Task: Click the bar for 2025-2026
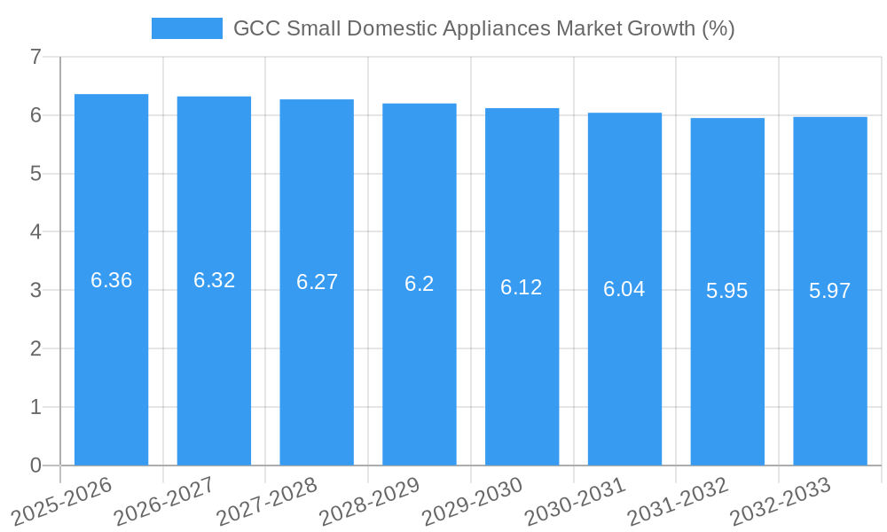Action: click(x=111, y=279)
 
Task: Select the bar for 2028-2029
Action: click(x=420, y=284)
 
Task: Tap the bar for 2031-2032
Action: click(x=727, y=292)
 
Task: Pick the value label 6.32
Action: click(x=214, y=280)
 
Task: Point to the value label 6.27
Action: click(x=317, y=282)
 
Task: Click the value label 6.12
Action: click(x=522, y=287)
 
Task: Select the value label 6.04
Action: click(x=624, y=289)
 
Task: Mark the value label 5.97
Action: click(x=830, y=291)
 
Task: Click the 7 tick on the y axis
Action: click(x=35, y=58)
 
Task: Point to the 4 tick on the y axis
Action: click(x=35, y=232)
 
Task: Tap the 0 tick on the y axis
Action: click(x=35, y=465)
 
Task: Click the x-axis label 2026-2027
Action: click(x=164, y=501)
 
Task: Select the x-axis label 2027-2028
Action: click(x=267, y=501)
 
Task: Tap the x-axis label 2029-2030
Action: click(x=472, y=501)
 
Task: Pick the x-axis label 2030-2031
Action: click(x=575, y=501)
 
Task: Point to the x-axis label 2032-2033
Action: click(x=780, y=501)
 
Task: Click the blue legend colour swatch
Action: click(x=187, y=28)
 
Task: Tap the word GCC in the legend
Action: click(x=256, y=28)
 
